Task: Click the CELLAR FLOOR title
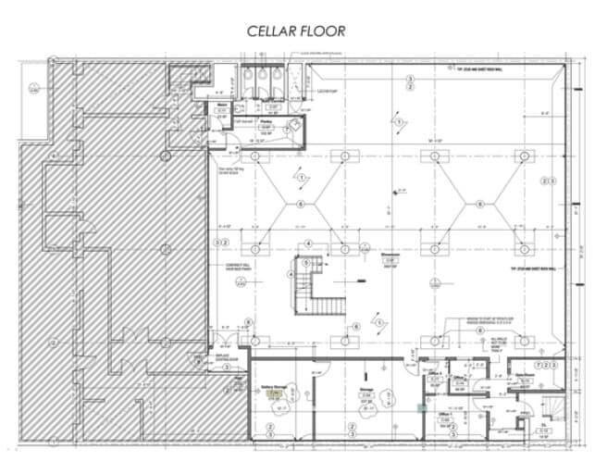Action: coord(295,31)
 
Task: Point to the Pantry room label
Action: coord(264,125)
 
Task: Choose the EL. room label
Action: coord(543,428)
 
